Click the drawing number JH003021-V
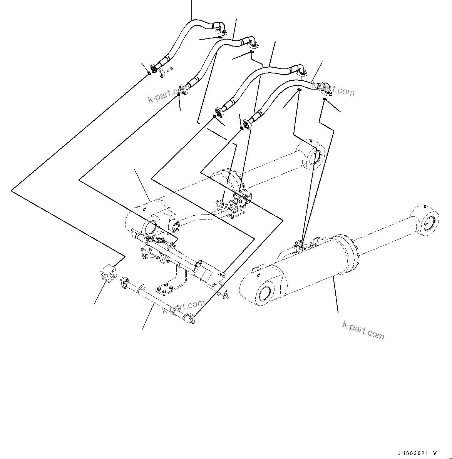click(417, 453)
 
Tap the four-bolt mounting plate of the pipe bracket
click(163, 289)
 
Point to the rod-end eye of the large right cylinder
click(426, 221)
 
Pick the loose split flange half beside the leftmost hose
click(162, 71)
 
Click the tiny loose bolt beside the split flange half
click(171, 68)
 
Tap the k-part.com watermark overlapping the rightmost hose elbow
click(333, 91)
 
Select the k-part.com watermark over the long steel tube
click(183, 306)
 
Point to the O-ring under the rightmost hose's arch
click(299, 90)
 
